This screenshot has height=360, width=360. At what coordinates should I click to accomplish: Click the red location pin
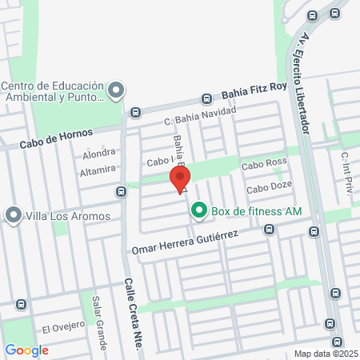click(x=179, y=178)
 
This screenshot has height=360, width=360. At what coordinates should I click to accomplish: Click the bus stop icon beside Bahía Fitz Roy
click(x=207, y=99)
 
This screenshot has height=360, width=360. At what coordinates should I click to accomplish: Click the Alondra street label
click(x=99, y=154)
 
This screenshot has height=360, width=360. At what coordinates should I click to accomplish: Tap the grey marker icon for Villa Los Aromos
click(x=13, y=215)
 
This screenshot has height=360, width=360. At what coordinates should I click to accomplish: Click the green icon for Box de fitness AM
click(x=198, y=211)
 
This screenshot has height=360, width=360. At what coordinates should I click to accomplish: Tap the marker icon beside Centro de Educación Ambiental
click(x=116, y=90)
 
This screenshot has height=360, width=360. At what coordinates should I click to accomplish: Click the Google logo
click(x=26, y=350)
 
